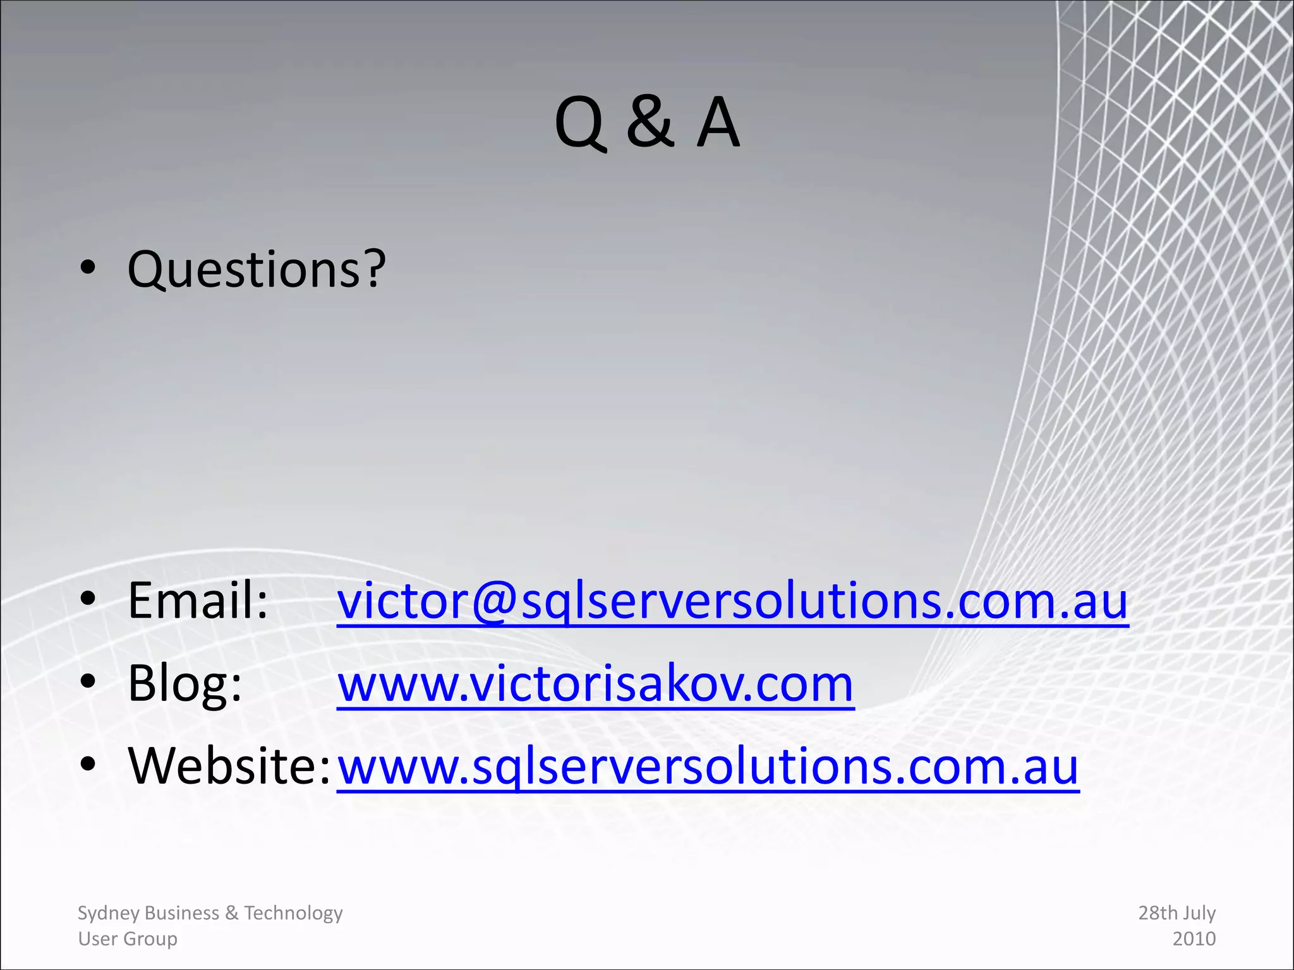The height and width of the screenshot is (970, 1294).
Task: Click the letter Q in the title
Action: click(x=580, y=124)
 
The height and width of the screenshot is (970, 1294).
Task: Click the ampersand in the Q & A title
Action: click(x=650, y=123)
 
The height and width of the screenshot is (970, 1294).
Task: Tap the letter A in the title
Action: click(x=718, y=123)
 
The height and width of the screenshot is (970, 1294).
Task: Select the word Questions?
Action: click(x=257, y=270)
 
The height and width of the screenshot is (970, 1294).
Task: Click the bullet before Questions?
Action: click(x=88, y=268)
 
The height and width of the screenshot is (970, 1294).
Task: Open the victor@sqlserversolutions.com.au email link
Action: click(x=732, y=601)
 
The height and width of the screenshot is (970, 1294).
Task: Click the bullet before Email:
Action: click(x=88, y=597)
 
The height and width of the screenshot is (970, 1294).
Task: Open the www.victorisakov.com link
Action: click(x=595, y=685)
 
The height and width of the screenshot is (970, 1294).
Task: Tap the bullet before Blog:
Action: click(x=88, y=681)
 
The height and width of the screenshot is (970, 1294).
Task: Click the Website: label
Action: click(x=229, y=765)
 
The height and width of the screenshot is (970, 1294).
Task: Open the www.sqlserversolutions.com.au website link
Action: click(x=708, y=767)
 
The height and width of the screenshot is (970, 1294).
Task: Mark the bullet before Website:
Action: click(x=88, y=763)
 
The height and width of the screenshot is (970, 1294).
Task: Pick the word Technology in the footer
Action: click(x=293, y=913)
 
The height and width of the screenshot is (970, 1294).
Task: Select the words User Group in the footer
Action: click(x=128, y=939)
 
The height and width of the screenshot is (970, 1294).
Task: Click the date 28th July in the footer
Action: click(x=1176, y=913)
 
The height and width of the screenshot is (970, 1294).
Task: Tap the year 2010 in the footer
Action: click(x=1194, y=939)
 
